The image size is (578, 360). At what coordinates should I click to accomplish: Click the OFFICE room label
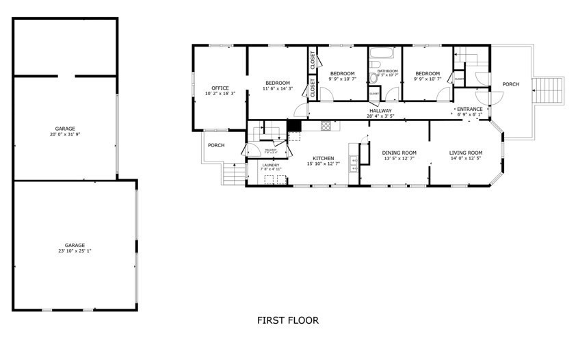[x=220, y=88]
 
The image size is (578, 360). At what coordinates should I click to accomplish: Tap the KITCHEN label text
[x=323, y=158]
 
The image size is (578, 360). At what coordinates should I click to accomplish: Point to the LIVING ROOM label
[x=466, y=153]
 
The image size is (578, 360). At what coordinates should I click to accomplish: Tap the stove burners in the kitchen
[x=326, y=125]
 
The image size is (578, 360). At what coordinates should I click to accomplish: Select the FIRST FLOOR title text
[x=287, y=320]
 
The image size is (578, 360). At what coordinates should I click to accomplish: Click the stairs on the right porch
[x=551, y=89]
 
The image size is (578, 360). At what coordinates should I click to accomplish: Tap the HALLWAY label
[x=380, y=111]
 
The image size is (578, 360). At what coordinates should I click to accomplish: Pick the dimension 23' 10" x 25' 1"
[x=75, y=251]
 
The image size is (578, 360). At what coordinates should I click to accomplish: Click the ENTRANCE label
[x=470, y=109]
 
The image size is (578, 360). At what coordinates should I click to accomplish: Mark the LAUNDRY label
[x=270, y=165]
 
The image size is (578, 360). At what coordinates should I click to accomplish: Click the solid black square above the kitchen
[x=293, y=125]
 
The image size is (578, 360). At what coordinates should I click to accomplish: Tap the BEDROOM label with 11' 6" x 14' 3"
[x=278, y=83]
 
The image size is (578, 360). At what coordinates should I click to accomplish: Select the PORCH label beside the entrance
[x=510, y=84]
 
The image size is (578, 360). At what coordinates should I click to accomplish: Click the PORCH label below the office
[x=216, y=145]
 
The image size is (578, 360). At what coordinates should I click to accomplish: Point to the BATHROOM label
[x=388, y=70]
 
